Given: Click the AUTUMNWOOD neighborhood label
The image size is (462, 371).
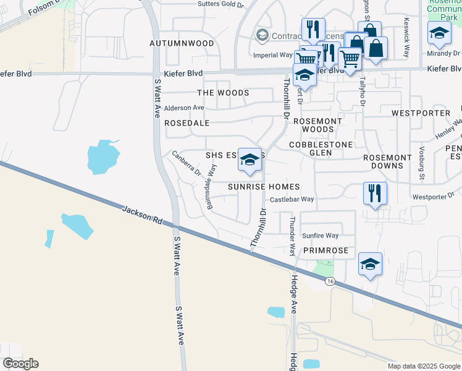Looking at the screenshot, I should [182, 43].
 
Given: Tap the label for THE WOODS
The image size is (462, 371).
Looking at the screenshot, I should [223, 93].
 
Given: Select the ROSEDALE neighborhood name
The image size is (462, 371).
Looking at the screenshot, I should [187, 123].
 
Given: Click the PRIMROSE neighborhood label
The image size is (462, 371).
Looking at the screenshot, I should [325, 250].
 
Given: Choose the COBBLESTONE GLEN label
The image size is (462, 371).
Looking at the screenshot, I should [321, 148].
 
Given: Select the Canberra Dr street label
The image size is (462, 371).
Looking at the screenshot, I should [187, 163].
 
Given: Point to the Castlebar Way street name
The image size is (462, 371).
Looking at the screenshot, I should [292, 199].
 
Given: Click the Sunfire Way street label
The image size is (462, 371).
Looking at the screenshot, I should [320, 236].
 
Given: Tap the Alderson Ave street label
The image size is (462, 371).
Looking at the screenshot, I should [183, 108].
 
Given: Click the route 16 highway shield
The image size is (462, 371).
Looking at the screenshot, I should [330, 282].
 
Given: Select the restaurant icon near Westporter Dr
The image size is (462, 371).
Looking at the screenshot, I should [374, 193].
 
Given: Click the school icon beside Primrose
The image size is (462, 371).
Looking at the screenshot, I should [370, 265].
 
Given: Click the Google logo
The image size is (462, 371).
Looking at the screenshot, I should [21, 364].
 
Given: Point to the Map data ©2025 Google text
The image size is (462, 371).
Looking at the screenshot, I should [423, 366].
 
